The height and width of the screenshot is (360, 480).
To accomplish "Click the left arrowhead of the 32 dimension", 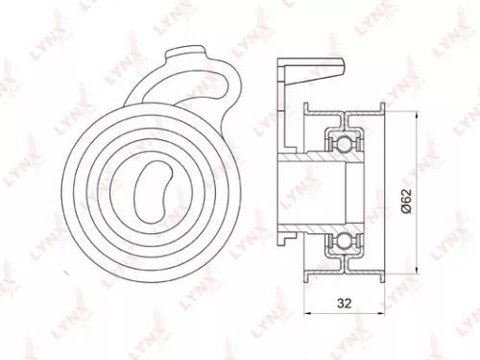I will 308,315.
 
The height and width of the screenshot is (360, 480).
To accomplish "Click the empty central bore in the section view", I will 317,192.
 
